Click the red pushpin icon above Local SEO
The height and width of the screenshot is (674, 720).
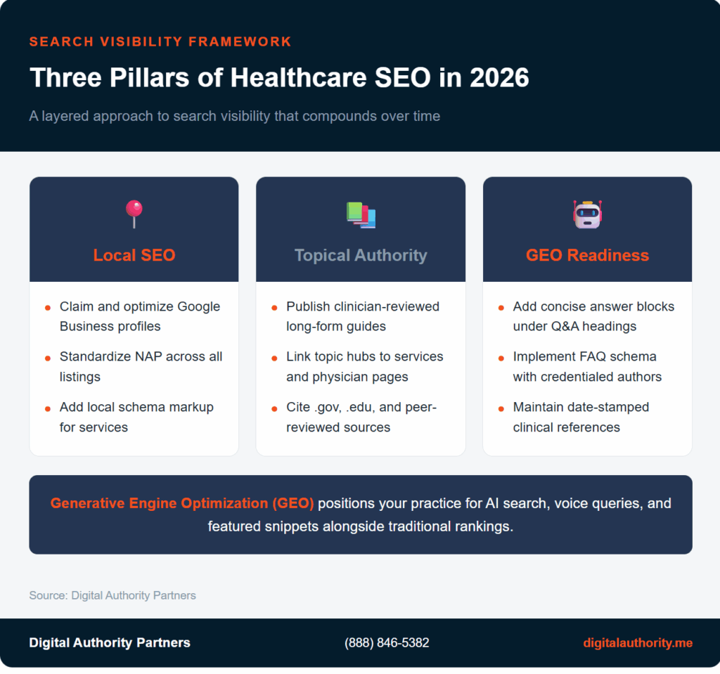pyautogui.click(x=134, y=212)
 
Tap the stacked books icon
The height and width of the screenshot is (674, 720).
pyautogui.click(x=361, y=214)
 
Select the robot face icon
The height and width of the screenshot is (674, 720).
pyautogui.click(x=587, y=214)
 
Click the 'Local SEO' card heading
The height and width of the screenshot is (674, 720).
pyautogui.click(x=134, y=254)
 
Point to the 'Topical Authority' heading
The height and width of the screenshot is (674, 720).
pyautogui.click(x=361, y=254)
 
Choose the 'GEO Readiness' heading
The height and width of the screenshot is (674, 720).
pyautogui.click(x=587, y=254)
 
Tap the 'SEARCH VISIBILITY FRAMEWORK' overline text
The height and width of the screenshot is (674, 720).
pyautogui.click(x=160, y=41)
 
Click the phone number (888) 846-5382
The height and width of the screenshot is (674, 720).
pyautogui.click(x=387, y=642)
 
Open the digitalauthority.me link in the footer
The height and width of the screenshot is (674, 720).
pyautogui.click(x=638, y=642)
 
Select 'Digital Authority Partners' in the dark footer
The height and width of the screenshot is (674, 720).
pyautogui.click(x=110, y=642)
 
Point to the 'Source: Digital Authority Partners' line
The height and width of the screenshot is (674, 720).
pyautogui.click(x=112, y=595)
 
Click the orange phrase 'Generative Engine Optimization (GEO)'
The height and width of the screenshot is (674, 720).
pyautogui.click(x=183, y=503)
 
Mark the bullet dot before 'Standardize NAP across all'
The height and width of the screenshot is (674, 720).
pyautogui.click(x=48, y=358)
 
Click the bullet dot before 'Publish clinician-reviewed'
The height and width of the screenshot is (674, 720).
pyautogui.click(x=274, y=308)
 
